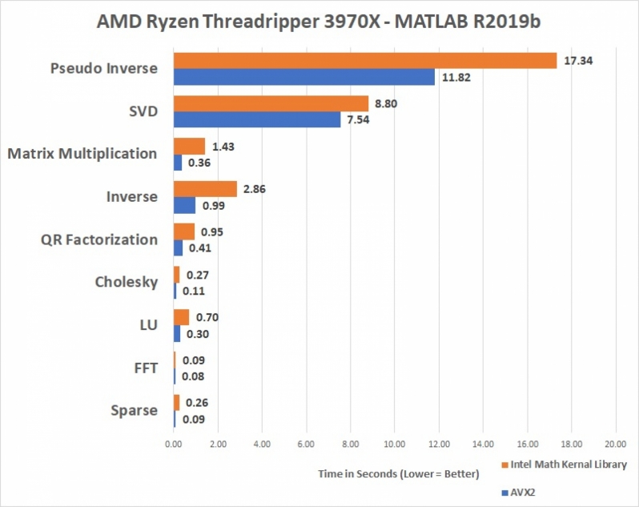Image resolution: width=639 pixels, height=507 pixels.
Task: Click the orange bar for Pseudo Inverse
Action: (365, 61)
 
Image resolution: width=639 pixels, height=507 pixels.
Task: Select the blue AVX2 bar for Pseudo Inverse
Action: (304, 77)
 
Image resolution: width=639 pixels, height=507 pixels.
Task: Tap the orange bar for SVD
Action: (271, 103)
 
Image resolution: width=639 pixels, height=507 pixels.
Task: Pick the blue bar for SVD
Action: (257, 119)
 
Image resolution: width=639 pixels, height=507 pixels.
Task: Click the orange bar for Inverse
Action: (205, 189)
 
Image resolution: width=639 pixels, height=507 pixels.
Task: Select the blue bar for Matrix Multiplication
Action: (178, 162)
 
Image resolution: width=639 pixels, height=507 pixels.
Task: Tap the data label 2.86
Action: (256, 189)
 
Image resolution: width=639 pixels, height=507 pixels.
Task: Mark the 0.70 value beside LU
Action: (207, 317)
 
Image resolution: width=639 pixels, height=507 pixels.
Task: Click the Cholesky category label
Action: (126, 282)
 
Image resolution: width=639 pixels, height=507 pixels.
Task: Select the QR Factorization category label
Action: (98, 239)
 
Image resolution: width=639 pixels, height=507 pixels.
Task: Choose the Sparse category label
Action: (134, 411)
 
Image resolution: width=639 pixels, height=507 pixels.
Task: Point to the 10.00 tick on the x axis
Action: (394, 442)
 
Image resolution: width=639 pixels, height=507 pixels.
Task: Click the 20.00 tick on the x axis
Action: (615, 442)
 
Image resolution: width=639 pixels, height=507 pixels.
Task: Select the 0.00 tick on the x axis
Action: (174, 442)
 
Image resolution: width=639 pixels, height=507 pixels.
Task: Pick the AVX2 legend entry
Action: (520, 493)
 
